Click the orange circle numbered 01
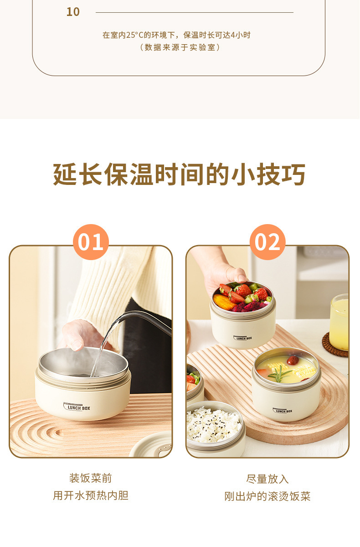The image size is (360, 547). (91, 242)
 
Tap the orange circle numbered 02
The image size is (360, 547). (267, 242)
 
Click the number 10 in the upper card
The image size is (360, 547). (73, 12)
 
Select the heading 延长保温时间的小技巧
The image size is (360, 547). (180, 174)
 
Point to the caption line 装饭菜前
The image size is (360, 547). (90, 478)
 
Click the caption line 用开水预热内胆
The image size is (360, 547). (90, 496)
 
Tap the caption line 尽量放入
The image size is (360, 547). (267, 479)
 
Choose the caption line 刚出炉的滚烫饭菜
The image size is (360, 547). (267, 496)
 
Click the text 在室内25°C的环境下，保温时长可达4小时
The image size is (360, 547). (176, 35)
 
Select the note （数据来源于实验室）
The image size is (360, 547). (180, 47)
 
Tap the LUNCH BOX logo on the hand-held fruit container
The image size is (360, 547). (242, 338)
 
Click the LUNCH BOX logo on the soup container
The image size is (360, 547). (283, 411)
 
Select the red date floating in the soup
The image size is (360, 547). (293, 360)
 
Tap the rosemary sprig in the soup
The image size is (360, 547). (280, 375)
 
